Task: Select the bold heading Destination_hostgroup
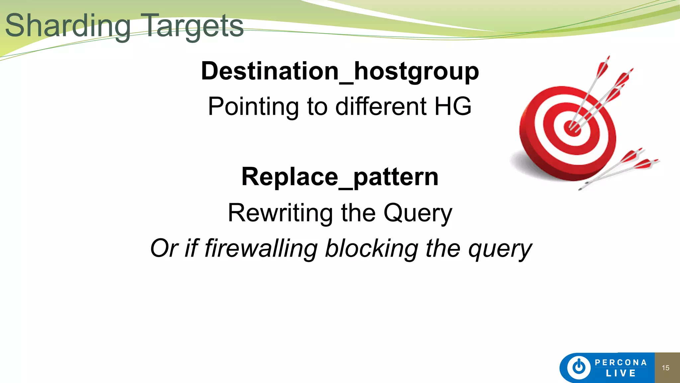pos(340,71)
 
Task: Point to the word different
pos(381,106)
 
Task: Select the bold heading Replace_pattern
pos(340,177)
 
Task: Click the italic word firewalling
pos(261,248)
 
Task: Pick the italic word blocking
pos(371,248)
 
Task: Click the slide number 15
pos(665,368)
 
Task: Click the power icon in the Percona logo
pos(579,367)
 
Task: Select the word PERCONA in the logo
pos(621,362)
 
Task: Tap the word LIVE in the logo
pos(621,373)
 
